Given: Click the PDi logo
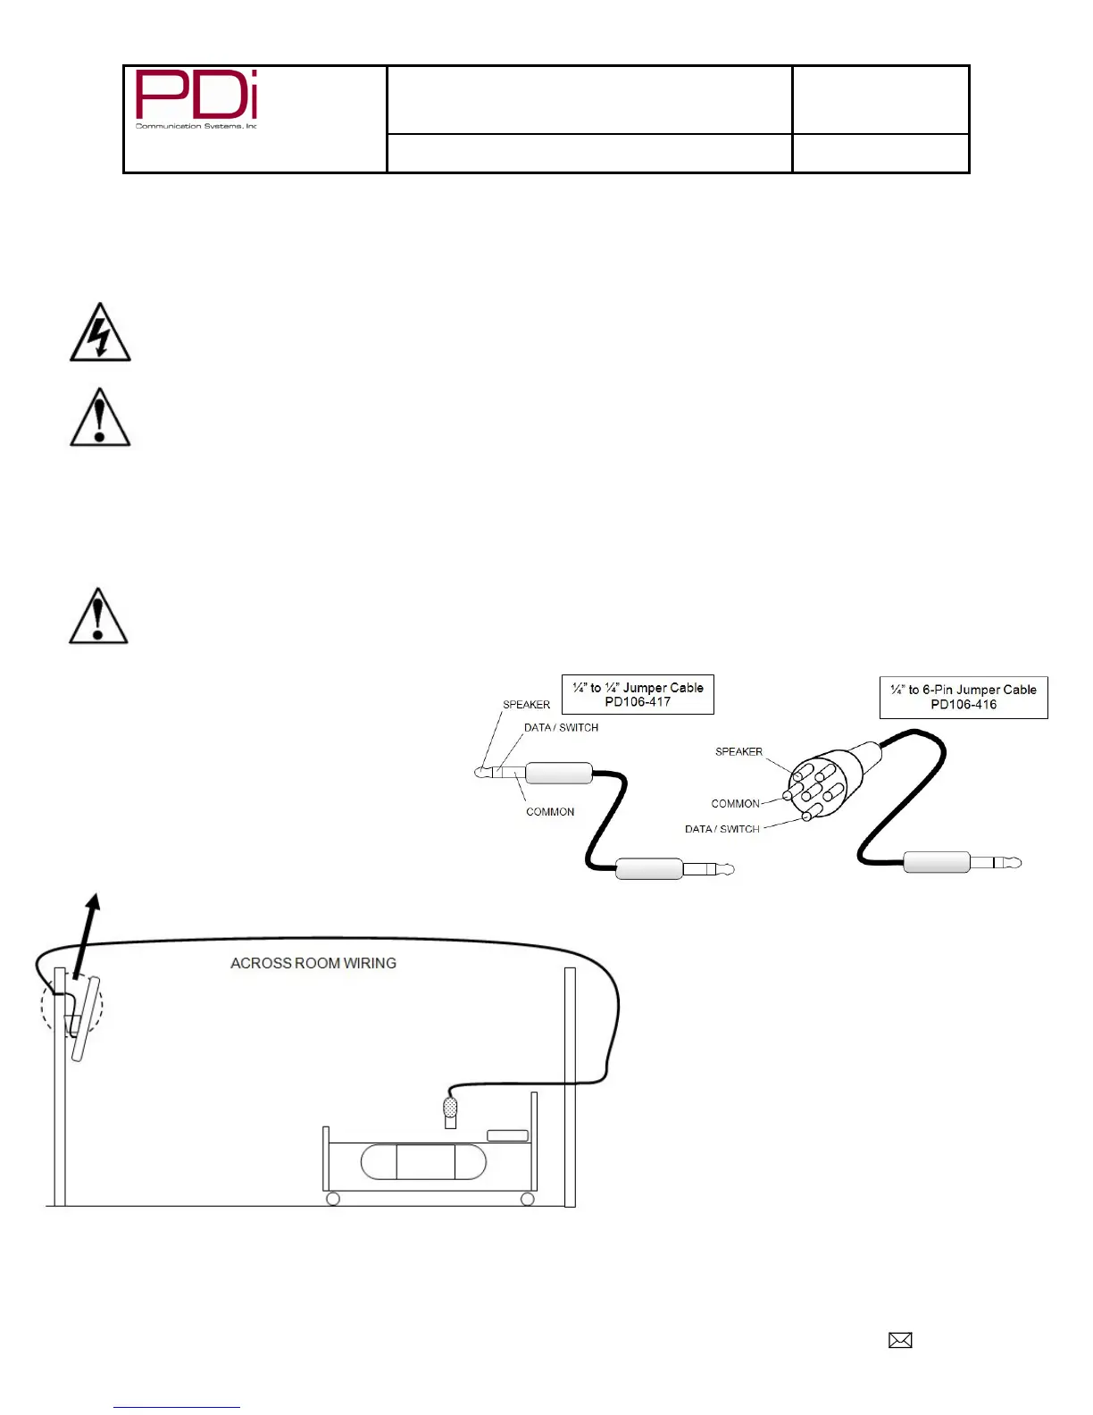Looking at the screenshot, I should pos(196,98).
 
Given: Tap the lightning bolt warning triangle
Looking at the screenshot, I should pos(100,334).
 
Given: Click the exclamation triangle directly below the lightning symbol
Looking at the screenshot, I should pos(100,418).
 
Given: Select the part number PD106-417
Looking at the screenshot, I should pos(638,702).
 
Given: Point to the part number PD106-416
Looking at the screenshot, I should pos(964,705).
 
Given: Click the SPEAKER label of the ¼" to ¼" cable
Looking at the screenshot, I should pos(526,705).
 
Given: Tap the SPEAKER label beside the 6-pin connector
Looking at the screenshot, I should pos(738,751).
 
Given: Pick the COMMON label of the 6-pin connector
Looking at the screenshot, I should pos(735,804).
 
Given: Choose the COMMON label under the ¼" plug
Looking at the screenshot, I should pos(550,812).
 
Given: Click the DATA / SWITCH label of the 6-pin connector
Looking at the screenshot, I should pos(722,829).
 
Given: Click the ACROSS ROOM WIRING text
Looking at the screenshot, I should pos(313,963).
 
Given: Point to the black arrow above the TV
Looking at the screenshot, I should pos(87,934).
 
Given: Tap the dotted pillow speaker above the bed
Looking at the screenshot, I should pos(451,1109).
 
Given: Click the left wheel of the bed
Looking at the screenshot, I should pos(333,1199).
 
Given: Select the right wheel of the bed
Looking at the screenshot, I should pos(528,1199).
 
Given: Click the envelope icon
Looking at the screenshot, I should pos(900,1340).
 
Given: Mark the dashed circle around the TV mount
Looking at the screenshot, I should pos(71,1007).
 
